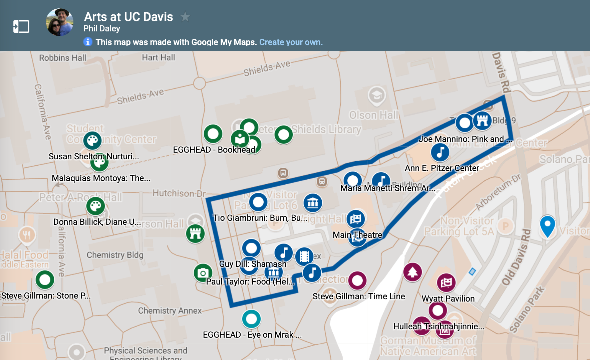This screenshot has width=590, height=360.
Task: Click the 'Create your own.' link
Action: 291,42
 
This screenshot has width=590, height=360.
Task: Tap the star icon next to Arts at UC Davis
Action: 185,17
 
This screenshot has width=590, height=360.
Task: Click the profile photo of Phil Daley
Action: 59,22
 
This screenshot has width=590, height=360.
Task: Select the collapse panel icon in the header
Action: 21,26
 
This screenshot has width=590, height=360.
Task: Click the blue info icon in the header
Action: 88,42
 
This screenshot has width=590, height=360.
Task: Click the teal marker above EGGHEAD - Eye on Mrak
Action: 251,319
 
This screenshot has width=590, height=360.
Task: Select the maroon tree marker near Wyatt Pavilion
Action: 412,272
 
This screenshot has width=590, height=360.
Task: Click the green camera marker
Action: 203,273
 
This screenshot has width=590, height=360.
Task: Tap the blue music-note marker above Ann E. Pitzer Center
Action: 440,152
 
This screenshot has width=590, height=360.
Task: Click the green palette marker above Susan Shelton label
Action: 92,141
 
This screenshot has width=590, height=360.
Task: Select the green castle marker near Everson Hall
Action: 195,233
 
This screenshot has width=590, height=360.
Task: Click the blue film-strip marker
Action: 304,256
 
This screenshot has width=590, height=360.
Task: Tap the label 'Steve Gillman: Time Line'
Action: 359,296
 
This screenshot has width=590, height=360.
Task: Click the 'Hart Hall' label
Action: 158,57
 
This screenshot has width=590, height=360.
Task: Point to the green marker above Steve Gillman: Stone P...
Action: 45,280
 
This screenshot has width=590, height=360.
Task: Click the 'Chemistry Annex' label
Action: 170,311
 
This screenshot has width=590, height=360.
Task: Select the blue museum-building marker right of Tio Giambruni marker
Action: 313,203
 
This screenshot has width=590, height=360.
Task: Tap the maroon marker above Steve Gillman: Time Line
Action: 357,280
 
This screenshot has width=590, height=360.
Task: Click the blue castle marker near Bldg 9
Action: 482,121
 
